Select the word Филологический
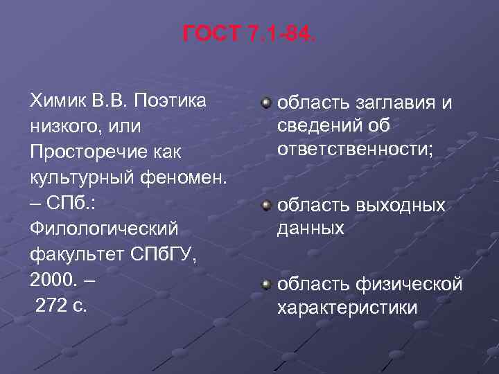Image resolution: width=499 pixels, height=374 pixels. pyautogui.click(x=103, y=229)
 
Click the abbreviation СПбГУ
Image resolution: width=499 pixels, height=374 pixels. pyautogui.click(x=159, y=255)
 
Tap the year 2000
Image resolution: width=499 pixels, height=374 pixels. pyautogui.click(x=54, y=280)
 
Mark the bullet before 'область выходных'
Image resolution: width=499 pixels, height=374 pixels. pyautogui.click(x=265, y=206)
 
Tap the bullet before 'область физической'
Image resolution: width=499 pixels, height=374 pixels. pyautogui.click(x=265, y=284)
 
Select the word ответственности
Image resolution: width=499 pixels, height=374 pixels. pyautogui.click(x=354, y=150)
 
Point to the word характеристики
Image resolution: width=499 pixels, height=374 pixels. pyautogui.click(x=347, y=307)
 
